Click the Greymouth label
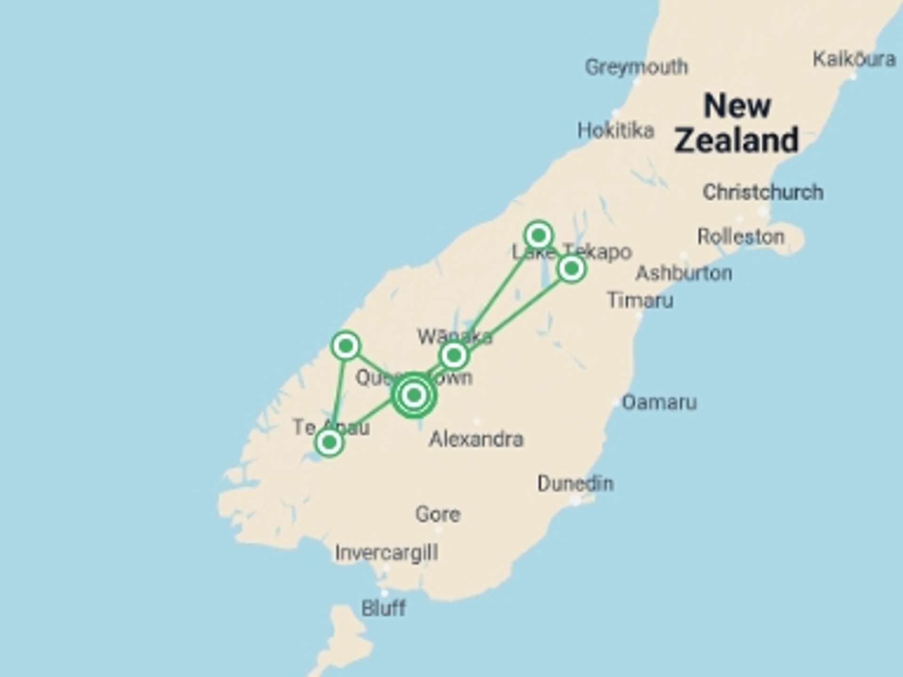[x=636, y=67]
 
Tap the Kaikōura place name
[x=854, y=59]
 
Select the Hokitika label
[x=616, y=130]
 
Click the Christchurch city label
[x=763, y=192]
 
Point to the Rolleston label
[x=741, y=236]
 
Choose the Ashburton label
[x=684, y=273]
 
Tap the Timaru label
[x=640, y=300]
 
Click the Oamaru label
[x=659, y=402]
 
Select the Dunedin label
[x=575, y=483]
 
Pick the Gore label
[x=437, y=514]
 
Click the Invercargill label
[x=386, y=553]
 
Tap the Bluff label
[x=383, y=608]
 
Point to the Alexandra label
[x=476, y=440]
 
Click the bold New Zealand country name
[x=737, y=123]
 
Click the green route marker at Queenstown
[x=414, y=395]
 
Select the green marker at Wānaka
[x=454, y=355]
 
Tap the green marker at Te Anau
[x=329, y=442]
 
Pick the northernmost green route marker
[x=539, y=235]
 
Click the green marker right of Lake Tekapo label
[x=571, y=269]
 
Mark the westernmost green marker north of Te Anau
[x=346, y=346]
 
